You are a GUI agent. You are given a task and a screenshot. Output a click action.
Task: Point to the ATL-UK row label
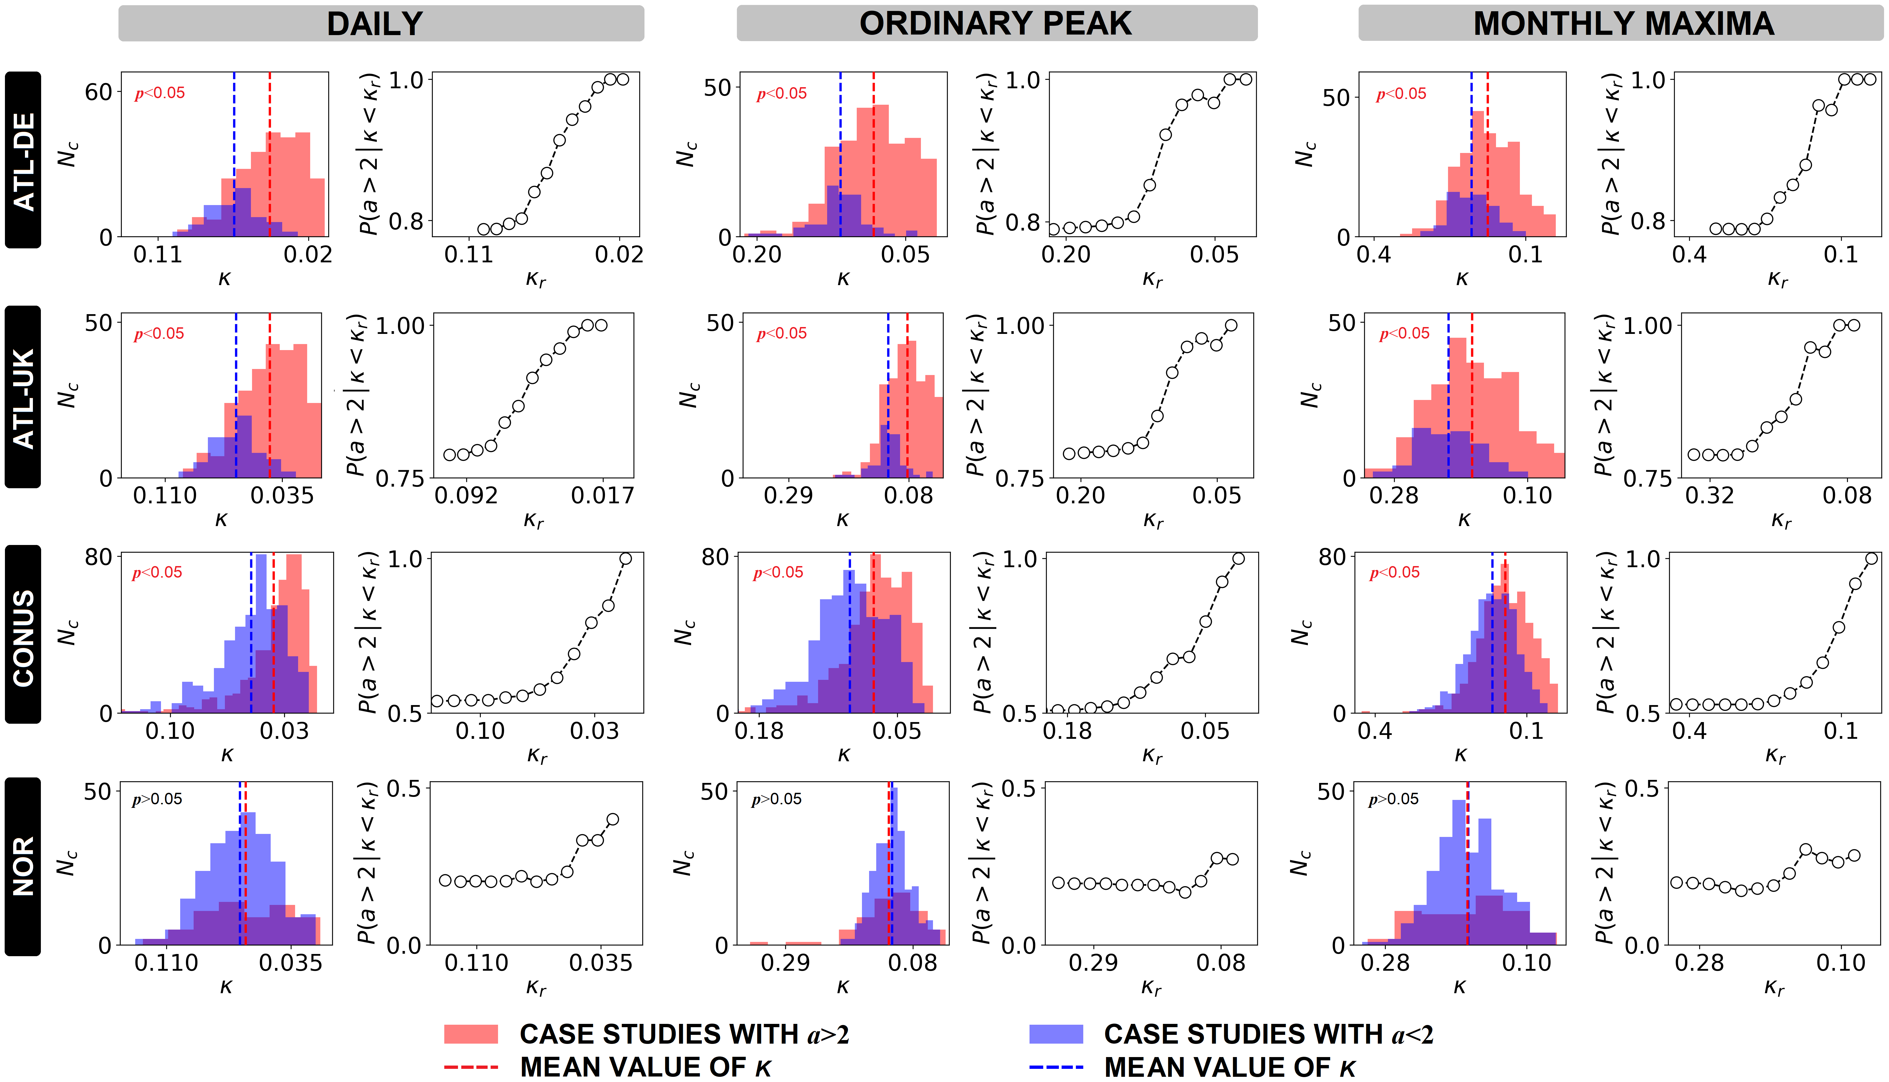pos(23,397)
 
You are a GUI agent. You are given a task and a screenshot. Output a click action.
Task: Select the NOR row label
pos(23,866)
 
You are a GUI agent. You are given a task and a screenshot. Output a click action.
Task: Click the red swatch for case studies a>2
pos(471,1034)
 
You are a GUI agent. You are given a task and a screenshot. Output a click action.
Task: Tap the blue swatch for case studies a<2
pos(1056,1034)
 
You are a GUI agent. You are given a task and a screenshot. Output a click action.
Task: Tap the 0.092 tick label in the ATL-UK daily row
pos(466,496)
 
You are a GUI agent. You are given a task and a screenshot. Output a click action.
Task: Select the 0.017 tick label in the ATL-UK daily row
pos(602,496)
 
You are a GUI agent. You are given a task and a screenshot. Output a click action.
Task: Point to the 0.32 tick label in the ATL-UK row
pos(1709,496)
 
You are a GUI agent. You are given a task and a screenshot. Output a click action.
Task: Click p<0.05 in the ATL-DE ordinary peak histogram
pos(781,94)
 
